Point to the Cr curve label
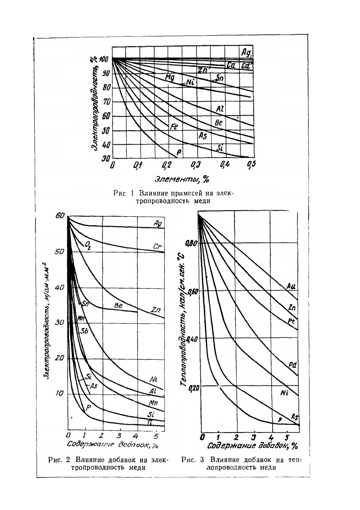[157, 247]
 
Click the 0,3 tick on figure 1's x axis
[195, 165]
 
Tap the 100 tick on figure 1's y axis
[104, 59]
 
